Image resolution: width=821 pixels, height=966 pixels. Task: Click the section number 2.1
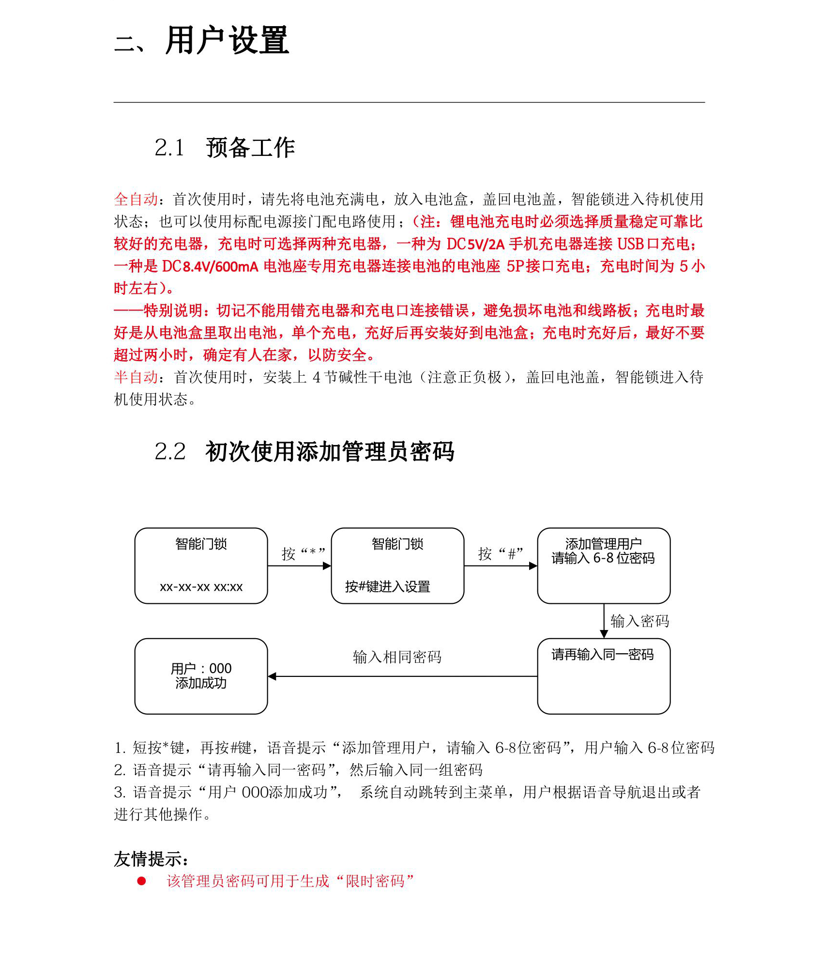pyautogui.click(x=169, y=148)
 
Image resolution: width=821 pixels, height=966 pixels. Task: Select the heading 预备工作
pyautogui.click(x=250, y=148)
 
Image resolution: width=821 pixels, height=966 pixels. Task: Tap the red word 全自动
pyautogui.click(x=136, y=199)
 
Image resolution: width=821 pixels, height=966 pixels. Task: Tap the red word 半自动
pyautogui.click(x=136, y=377)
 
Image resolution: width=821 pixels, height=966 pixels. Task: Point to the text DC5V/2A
pyautogui.click(x=475, y=244)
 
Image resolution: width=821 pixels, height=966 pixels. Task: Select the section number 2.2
pyautogui.click(x=170, y=452)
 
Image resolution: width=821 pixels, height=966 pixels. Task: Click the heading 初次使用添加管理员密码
pyautogui.click(x=330, y=452)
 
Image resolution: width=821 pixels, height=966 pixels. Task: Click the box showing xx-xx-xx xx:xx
pyautogui.click(x=201, y=566)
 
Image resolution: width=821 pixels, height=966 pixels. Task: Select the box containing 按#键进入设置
pyautogui.click(x=397, y=566)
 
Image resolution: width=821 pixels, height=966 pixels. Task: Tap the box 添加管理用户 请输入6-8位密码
pyautogui.click(x=604, y=566)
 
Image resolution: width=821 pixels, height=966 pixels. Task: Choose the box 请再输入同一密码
pyautogui.click(x=604, y=676)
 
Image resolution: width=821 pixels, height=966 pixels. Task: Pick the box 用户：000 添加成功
pyautogui.click(x=201, y=676)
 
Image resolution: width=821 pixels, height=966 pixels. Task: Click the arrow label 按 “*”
pyautogui.click(x=303, y=553)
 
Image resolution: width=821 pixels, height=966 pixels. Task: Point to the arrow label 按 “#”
pyautogui.click(x=500, y=553)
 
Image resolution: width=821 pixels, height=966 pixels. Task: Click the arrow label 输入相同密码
pyautogui.click(x=397, y=657)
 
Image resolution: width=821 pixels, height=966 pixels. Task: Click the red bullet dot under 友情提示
pyautogui.click(x=141, y=881)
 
